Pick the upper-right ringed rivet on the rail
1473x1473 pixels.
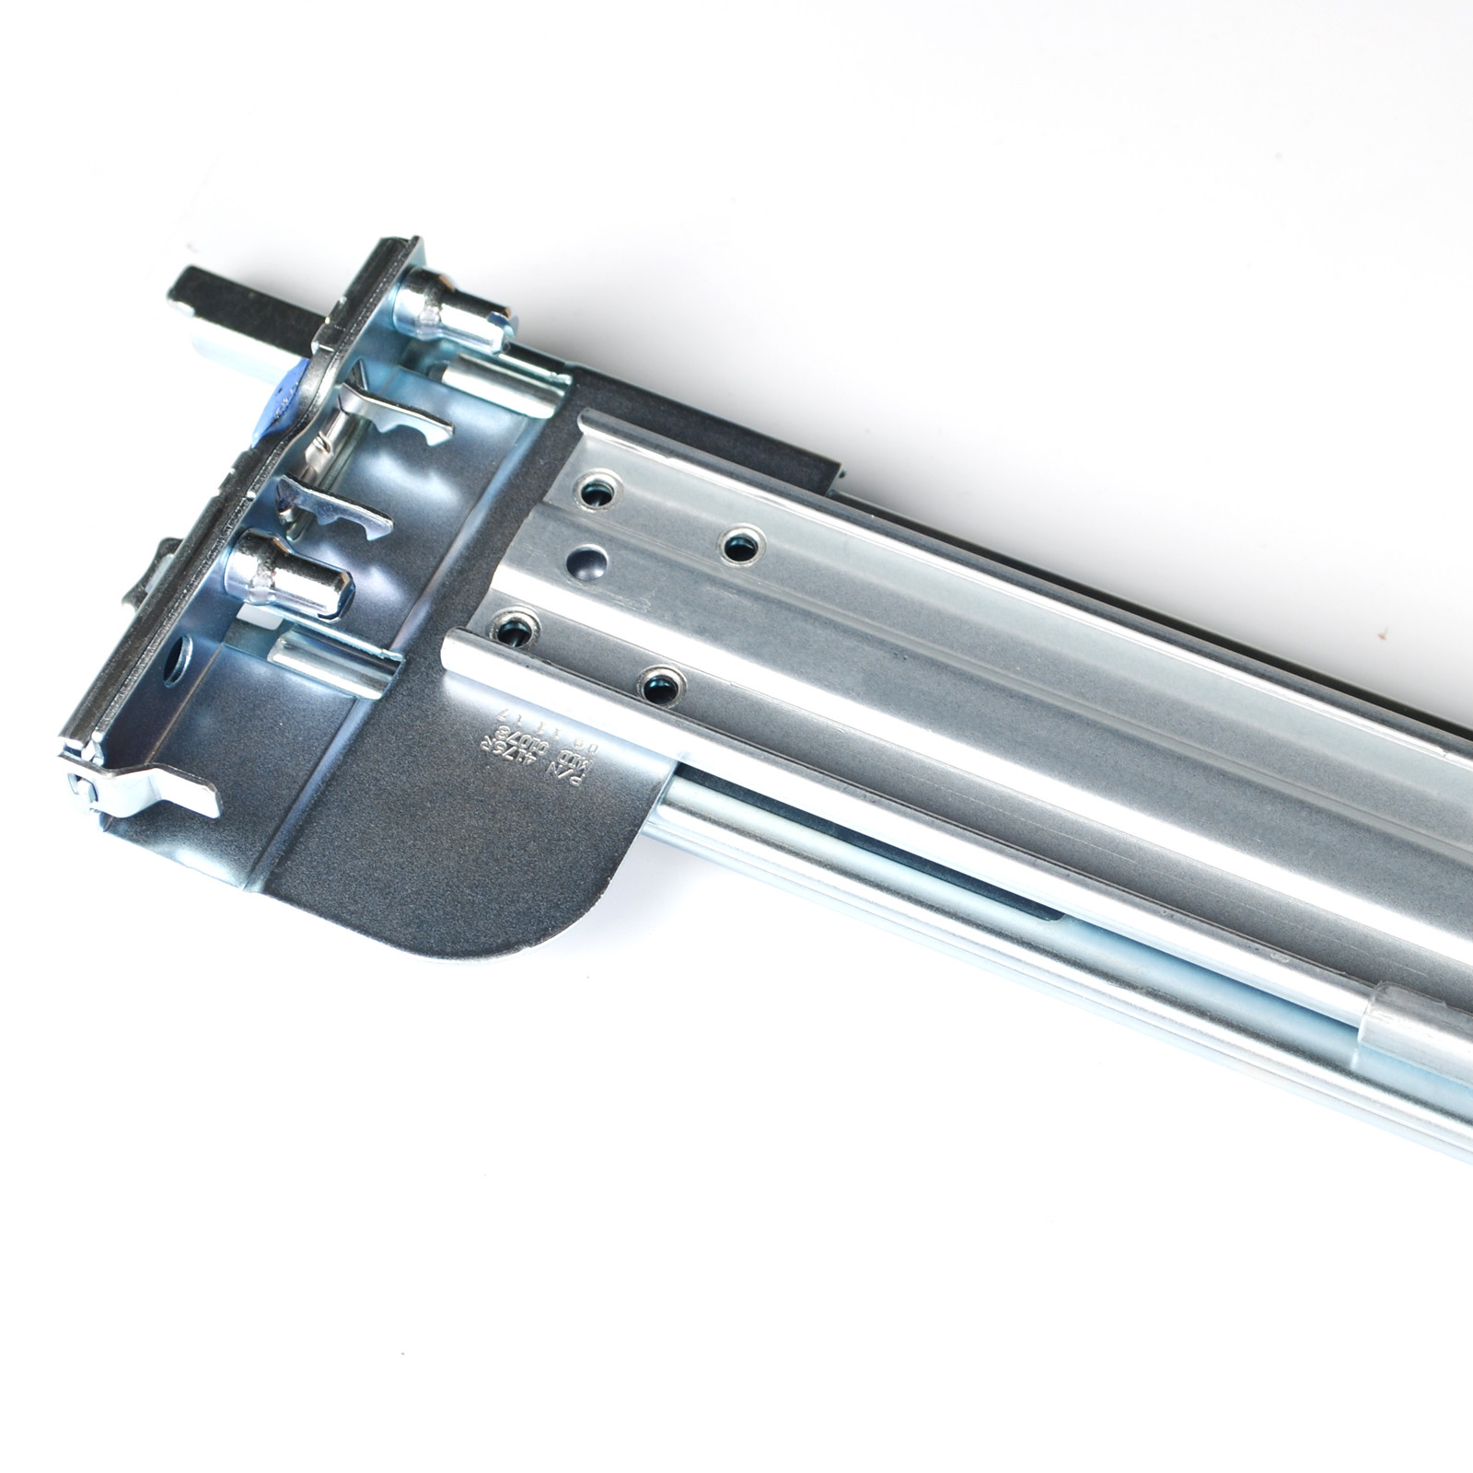[737, 548]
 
